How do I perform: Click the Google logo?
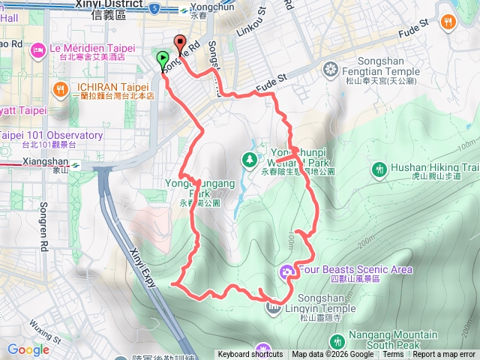coord(28,349)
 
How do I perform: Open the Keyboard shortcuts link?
coord(250,355)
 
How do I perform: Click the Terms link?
coord(393,355)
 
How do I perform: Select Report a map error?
coord(444,355)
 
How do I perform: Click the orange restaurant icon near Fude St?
coord(449,20)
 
